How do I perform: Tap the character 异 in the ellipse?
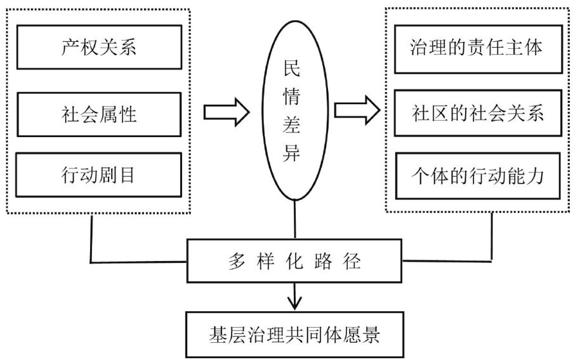[294, 156]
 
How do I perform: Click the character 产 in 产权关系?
[65, 48]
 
